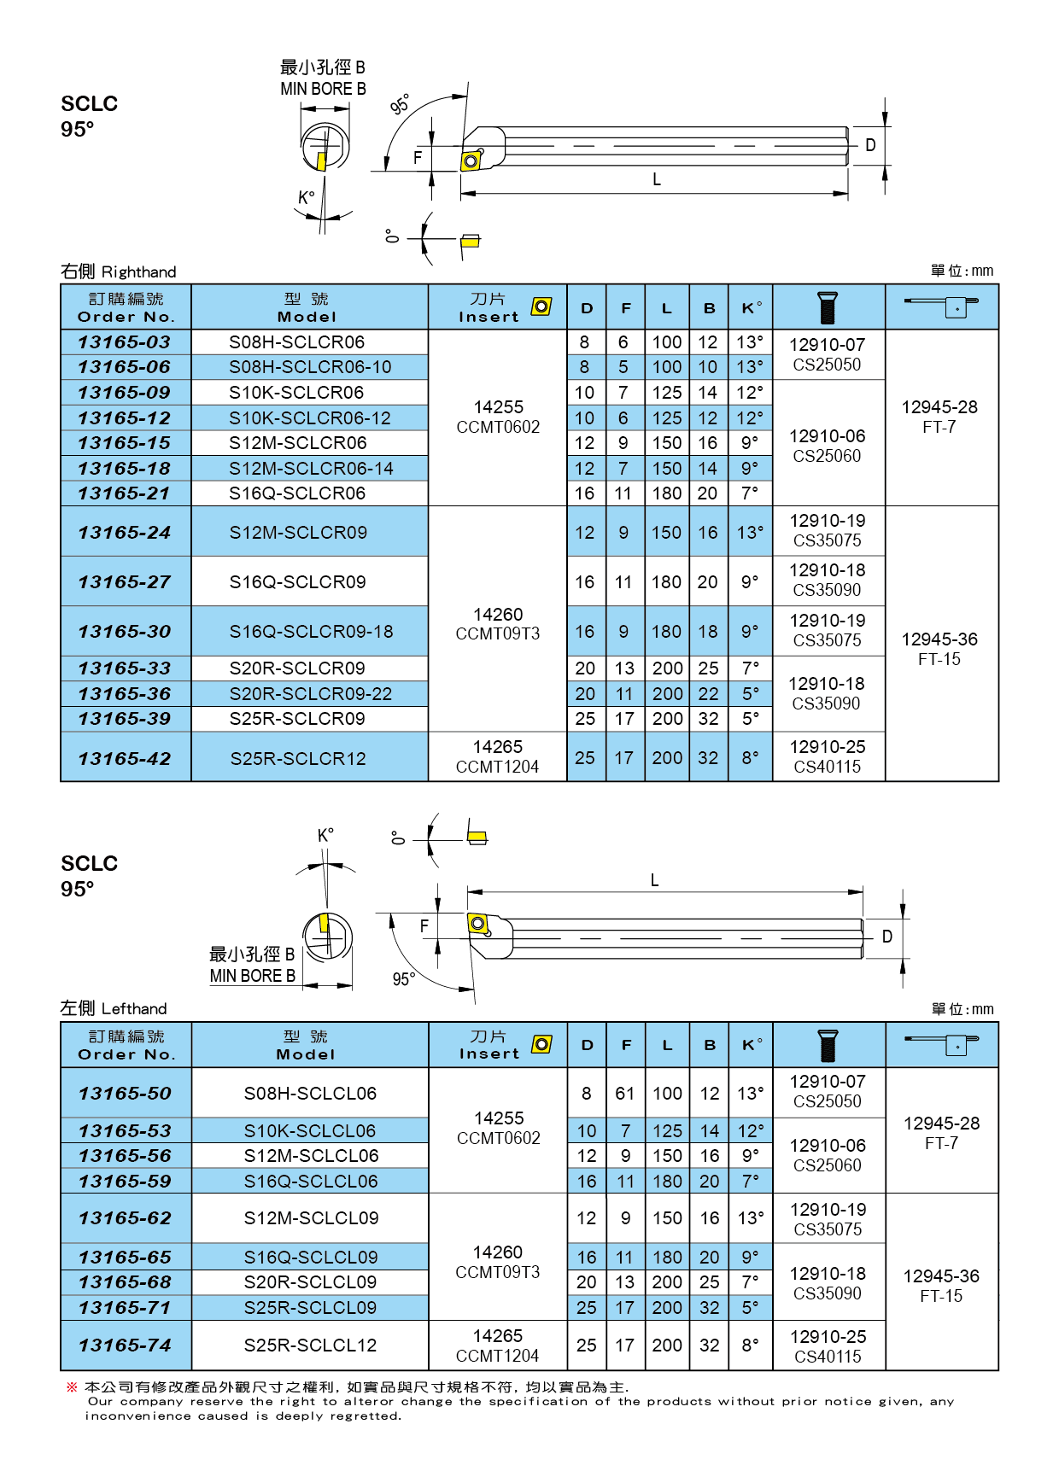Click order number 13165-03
click(125, 342)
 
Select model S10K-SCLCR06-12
click(309, 418)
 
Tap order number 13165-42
click(125, 758)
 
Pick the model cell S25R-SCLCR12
click(298, 758)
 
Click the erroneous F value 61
click(625, 1094)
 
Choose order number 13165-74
click(125, 1345)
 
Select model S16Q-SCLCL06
click(310, 1182)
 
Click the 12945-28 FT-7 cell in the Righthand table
click(939, 417)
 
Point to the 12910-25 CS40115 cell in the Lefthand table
click(828, 1346)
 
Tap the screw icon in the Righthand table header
click(827, 307)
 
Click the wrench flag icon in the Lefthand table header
click(943, 1044)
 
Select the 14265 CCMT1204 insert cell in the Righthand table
click(498, 756)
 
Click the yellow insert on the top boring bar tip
click(471, 161)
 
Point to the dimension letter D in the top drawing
click(870, 145)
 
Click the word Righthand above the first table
click(138, 272)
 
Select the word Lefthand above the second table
click(134, 1009)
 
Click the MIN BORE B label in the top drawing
click(323, 89)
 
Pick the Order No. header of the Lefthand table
click(126, 1045)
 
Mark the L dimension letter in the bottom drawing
click(655, 880)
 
